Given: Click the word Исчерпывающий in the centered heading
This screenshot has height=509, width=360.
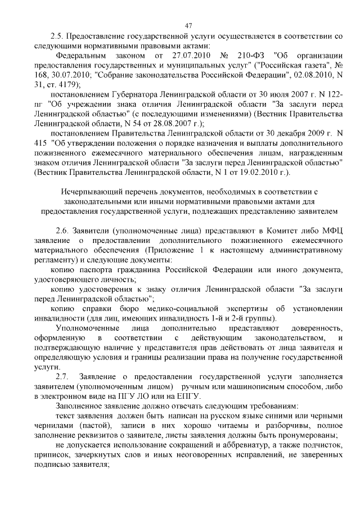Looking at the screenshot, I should [88, 192].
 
